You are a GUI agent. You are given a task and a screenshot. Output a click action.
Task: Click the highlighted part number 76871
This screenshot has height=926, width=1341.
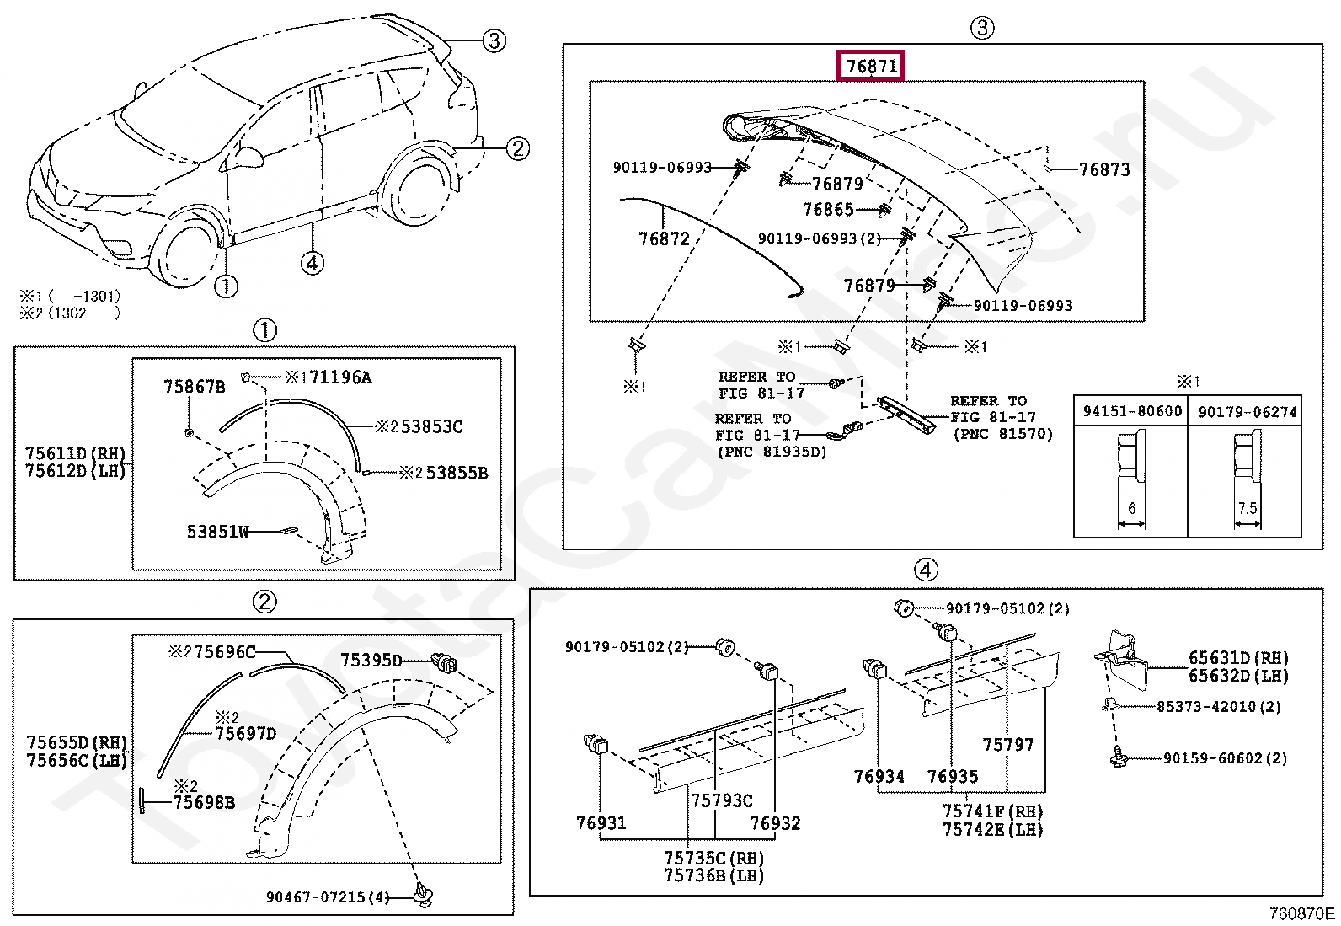(x=871, y=66)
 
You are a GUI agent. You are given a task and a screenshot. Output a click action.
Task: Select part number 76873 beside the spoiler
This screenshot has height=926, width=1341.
(x=1103, y=169)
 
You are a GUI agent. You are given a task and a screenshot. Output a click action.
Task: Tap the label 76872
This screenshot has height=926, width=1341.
(x=664, y=239)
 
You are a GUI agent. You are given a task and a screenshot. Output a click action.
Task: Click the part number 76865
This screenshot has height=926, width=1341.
(x=828, y=210)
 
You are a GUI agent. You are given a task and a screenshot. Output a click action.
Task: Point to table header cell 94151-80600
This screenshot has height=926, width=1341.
(x=1132, y=411)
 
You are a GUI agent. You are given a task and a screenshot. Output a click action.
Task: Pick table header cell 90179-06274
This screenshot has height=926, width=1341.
(x=1247, y=411)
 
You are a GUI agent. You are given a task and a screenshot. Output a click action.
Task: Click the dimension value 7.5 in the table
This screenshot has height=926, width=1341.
(x=1247, y=508)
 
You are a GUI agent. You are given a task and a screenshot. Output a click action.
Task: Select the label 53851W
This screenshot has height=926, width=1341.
(x=217, y=532)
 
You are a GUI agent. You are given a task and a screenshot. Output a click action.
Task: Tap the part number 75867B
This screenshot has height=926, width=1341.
(x=194, y=387)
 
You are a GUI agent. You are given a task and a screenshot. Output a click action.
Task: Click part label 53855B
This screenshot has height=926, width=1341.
(x=456, y=473)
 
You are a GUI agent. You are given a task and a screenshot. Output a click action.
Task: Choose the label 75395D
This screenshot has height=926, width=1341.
(x=371, y=661)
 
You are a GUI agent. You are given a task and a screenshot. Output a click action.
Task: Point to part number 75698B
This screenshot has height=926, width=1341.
(x=203, y=803)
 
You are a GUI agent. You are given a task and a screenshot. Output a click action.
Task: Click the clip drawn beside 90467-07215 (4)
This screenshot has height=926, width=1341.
(x=423, y=895)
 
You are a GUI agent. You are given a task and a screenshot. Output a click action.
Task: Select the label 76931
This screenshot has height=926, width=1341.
(x=601, y=823)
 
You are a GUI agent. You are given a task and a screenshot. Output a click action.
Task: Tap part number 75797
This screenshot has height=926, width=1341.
(x=1007, y=745)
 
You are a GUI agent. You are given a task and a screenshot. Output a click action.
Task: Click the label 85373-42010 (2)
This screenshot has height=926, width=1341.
(x=1217, y=707)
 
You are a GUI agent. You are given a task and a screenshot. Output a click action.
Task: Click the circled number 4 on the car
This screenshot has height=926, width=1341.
(x=312, y=263)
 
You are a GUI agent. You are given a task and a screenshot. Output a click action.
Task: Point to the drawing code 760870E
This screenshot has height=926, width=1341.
(x=1301, y=913)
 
